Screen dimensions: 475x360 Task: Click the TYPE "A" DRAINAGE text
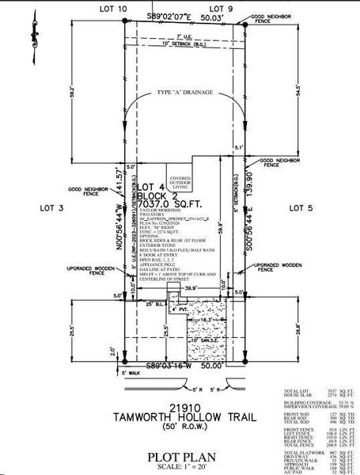pyautogui.click(x=185, y=92)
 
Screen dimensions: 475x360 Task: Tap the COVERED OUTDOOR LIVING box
pyautogui.click(x=178, y=183)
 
